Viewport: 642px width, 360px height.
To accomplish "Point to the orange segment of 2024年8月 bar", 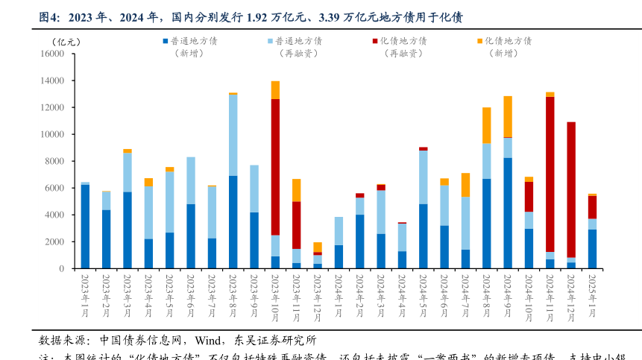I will pos(486,125).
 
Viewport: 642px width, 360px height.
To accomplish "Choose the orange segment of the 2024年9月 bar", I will pos(508,116).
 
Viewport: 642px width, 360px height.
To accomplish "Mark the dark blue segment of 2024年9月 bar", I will pos(508,213).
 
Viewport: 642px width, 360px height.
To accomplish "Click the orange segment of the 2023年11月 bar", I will pos(296,190).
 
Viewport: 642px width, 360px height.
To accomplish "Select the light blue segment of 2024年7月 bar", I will pos(465,223).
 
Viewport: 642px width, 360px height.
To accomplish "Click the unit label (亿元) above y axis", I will pos(71,40).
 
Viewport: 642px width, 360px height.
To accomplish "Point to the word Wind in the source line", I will pos(210,341).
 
